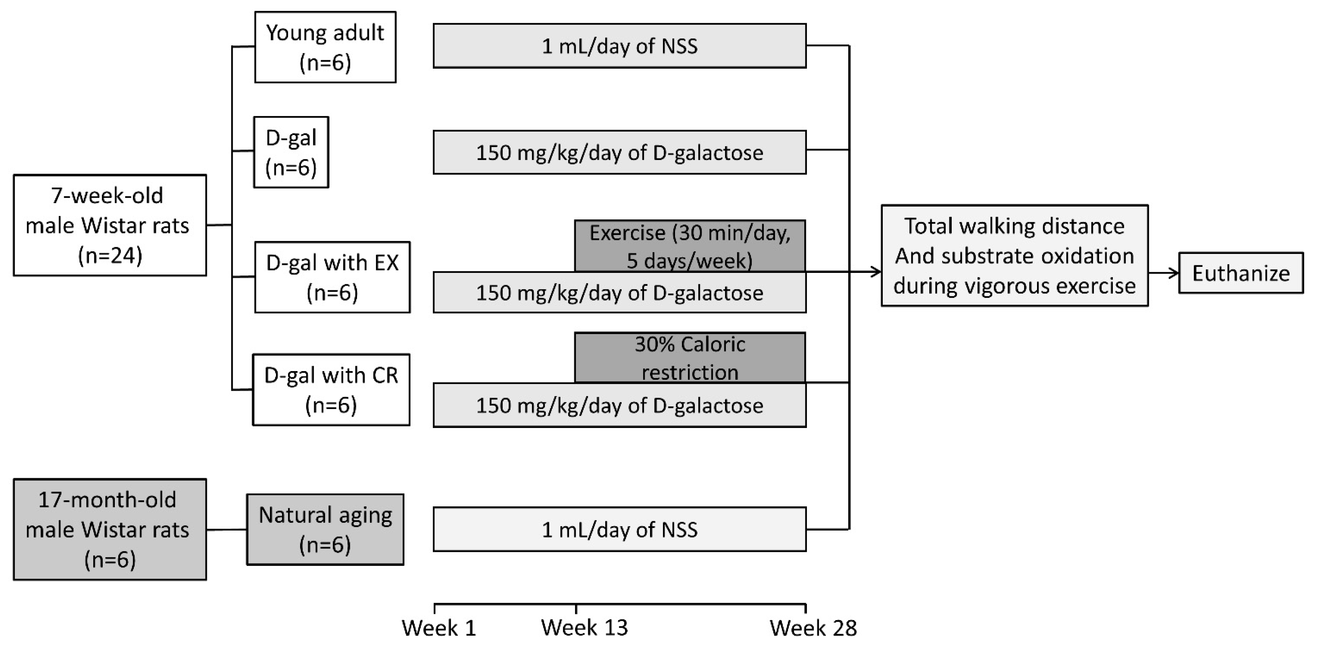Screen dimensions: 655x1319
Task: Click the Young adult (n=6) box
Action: [325, 47]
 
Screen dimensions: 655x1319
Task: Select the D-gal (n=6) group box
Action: [291, 152]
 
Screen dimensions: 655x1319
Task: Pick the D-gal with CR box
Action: [331, 390]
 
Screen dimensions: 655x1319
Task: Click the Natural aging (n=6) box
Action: [325, 530]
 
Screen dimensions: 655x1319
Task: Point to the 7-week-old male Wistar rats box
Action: [110, 225]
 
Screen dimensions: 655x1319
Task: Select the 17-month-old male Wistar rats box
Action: [110, 530]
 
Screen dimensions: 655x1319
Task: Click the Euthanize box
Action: [1241, 273]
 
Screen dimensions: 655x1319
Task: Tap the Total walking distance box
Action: [1014, 255]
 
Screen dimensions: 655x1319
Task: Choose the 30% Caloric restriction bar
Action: [690, 357]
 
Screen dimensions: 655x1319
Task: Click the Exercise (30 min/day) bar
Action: [690, 246]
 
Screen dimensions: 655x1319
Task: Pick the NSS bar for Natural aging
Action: [620, 530]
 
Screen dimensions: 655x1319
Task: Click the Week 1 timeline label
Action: [439, 628]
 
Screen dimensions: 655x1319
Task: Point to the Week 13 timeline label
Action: [584, 628]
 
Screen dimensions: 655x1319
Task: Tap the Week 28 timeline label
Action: [813, 628]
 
